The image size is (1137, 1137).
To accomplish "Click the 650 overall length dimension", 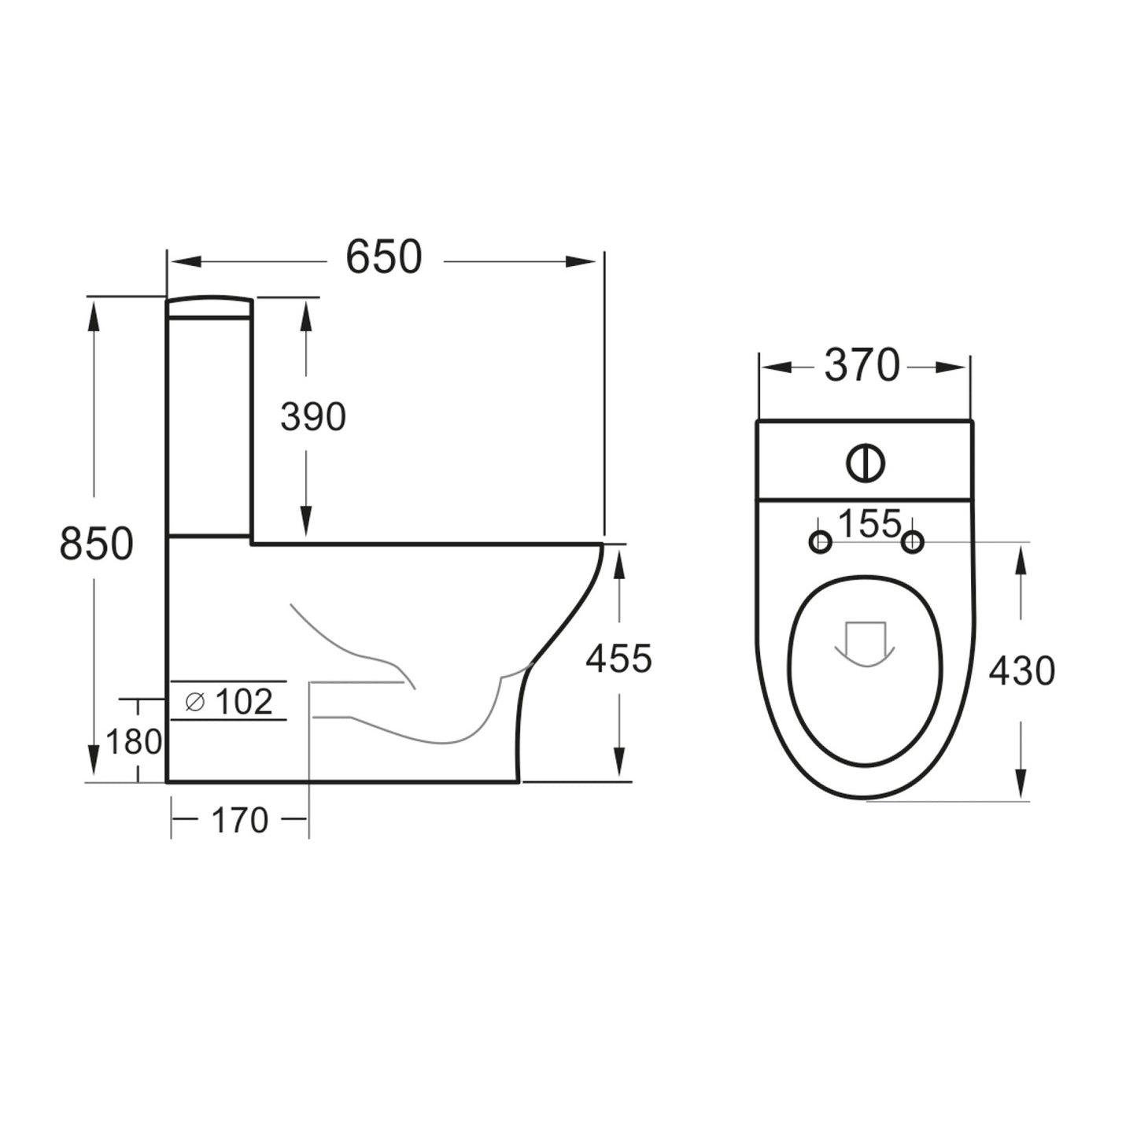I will click(384, 257).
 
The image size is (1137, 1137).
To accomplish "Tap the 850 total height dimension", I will click(97, 544).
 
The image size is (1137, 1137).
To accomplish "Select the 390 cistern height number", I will click(313, 417).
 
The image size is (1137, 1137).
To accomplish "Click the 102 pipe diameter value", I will click(243, 702).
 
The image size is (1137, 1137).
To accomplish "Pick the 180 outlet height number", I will click(135, 741).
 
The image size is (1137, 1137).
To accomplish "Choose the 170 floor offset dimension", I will click(240, 821).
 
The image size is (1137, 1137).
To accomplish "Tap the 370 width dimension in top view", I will click(862, 366).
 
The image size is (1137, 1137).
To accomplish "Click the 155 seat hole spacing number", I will click(869, 524).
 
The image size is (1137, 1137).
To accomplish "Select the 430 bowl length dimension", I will click(1021, 671).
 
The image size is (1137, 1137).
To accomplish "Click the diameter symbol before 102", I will click(194, 702).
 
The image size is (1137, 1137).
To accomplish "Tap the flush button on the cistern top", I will click(866, 463).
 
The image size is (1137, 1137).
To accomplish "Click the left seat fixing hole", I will click(820, 541).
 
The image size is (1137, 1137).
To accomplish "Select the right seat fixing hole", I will click(913, 541).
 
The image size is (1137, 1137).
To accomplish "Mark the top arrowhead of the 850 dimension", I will click(94, 319).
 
